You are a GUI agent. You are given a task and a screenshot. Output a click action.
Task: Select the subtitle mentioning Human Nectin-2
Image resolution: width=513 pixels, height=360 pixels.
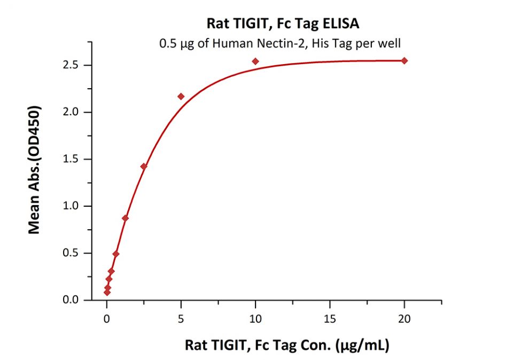tap(280, 44)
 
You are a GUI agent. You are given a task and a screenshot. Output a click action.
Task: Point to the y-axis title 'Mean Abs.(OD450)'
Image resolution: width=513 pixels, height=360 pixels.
tap(35, 169)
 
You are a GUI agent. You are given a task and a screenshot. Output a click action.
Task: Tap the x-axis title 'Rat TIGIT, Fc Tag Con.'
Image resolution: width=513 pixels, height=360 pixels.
tap(287, 346)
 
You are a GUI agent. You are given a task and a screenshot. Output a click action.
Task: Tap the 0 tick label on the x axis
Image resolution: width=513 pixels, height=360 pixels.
tap(107, 319)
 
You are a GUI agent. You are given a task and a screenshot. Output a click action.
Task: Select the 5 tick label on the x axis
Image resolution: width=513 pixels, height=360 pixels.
tap(181, 319)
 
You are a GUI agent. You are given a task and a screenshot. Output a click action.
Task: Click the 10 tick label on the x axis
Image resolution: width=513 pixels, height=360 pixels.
tap(255, 319)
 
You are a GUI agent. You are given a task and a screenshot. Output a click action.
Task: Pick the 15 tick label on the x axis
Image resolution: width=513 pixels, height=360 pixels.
tap(330, 319)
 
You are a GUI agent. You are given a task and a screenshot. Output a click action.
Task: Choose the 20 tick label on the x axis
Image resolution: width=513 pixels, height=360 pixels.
tap(404, 319)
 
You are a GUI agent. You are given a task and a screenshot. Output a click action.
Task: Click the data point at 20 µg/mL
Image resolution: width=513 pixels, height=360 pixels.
tap(404, 61)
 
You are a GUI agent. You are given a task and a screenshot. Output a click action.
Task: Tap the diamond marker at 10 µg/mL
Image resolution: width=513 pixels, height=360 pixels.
tap(255, 61)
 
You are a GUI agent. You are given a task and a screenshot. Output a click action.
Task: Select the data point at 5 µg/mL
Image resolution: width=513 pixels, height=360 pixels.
tap(181, 97)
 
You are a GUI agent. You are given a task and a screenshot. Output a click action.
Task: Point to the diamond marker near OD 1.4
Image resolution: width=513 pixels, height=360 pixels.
tap(143, 167)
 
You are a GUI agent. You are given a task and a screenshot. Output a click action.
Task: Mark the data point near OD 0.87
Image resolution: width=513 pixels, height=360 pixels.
tap(125, 218)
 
